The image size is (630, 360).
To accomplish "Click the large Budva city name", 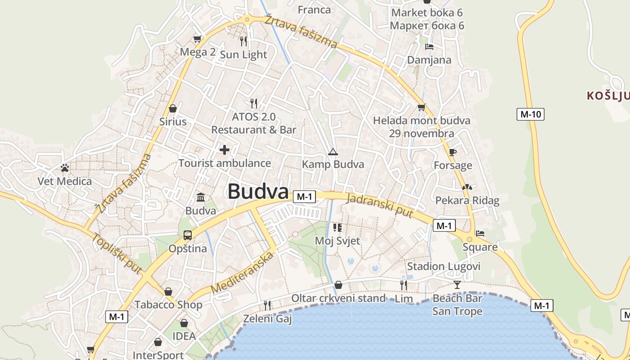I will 258,192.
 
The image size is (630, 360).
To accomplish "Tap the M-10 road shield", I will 530,114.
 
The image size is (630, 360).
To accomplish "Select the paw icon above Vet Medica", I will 65,168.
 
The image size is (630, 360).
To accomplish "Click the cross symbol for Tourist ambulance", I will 225,150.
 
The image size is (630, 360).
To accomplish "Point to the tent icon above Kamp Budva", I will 333,152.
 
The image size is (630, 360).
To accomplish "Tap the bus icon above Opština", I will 188,235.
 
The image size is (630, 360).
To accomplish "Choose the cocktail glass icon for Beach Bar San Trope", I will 457,284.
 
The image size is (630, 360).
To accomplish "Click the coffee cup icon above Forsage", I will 453,152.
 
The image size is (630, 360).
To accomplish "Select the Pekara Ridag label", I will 467,201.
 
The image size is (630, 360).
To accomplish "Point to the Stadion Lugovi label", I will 444,266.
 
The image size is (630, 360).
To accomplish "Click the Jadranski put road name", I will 381,206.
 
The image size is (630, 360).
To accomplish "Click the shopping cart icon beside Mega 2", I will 197,39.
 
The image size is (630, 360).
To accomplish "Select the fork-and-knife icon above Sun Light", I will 243,41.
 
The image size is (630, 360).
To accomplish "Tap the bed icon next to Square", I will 480,234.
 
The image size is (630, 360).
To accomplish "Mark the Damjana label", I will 429,60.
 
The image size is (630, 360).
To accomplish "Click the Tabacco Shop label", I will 168,305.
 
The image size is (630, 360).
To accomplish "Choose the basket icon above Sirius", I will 172,108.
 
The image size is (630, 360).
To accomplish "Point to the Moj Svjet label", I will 337,241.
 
